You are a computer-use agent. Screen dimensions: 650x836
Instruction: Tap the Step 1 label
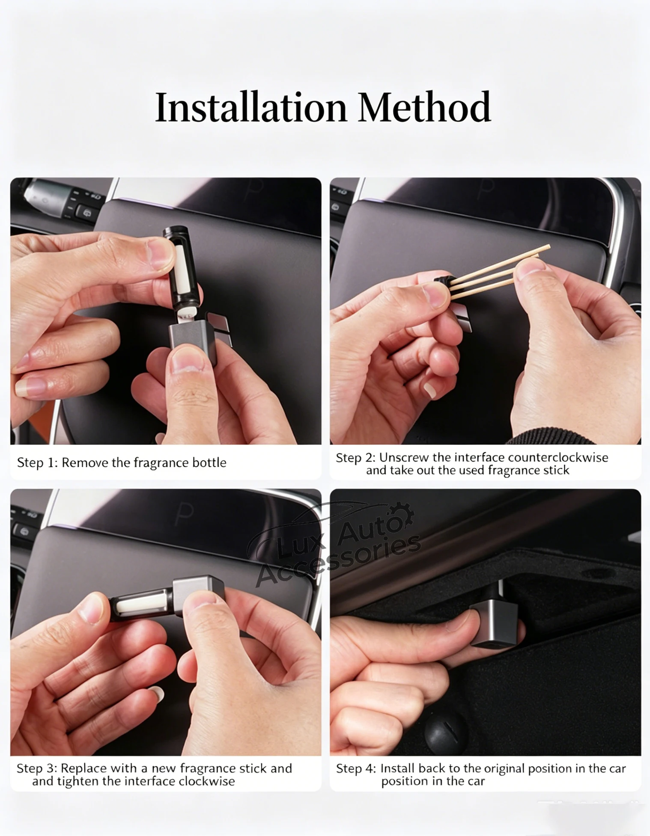(37, 462)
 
